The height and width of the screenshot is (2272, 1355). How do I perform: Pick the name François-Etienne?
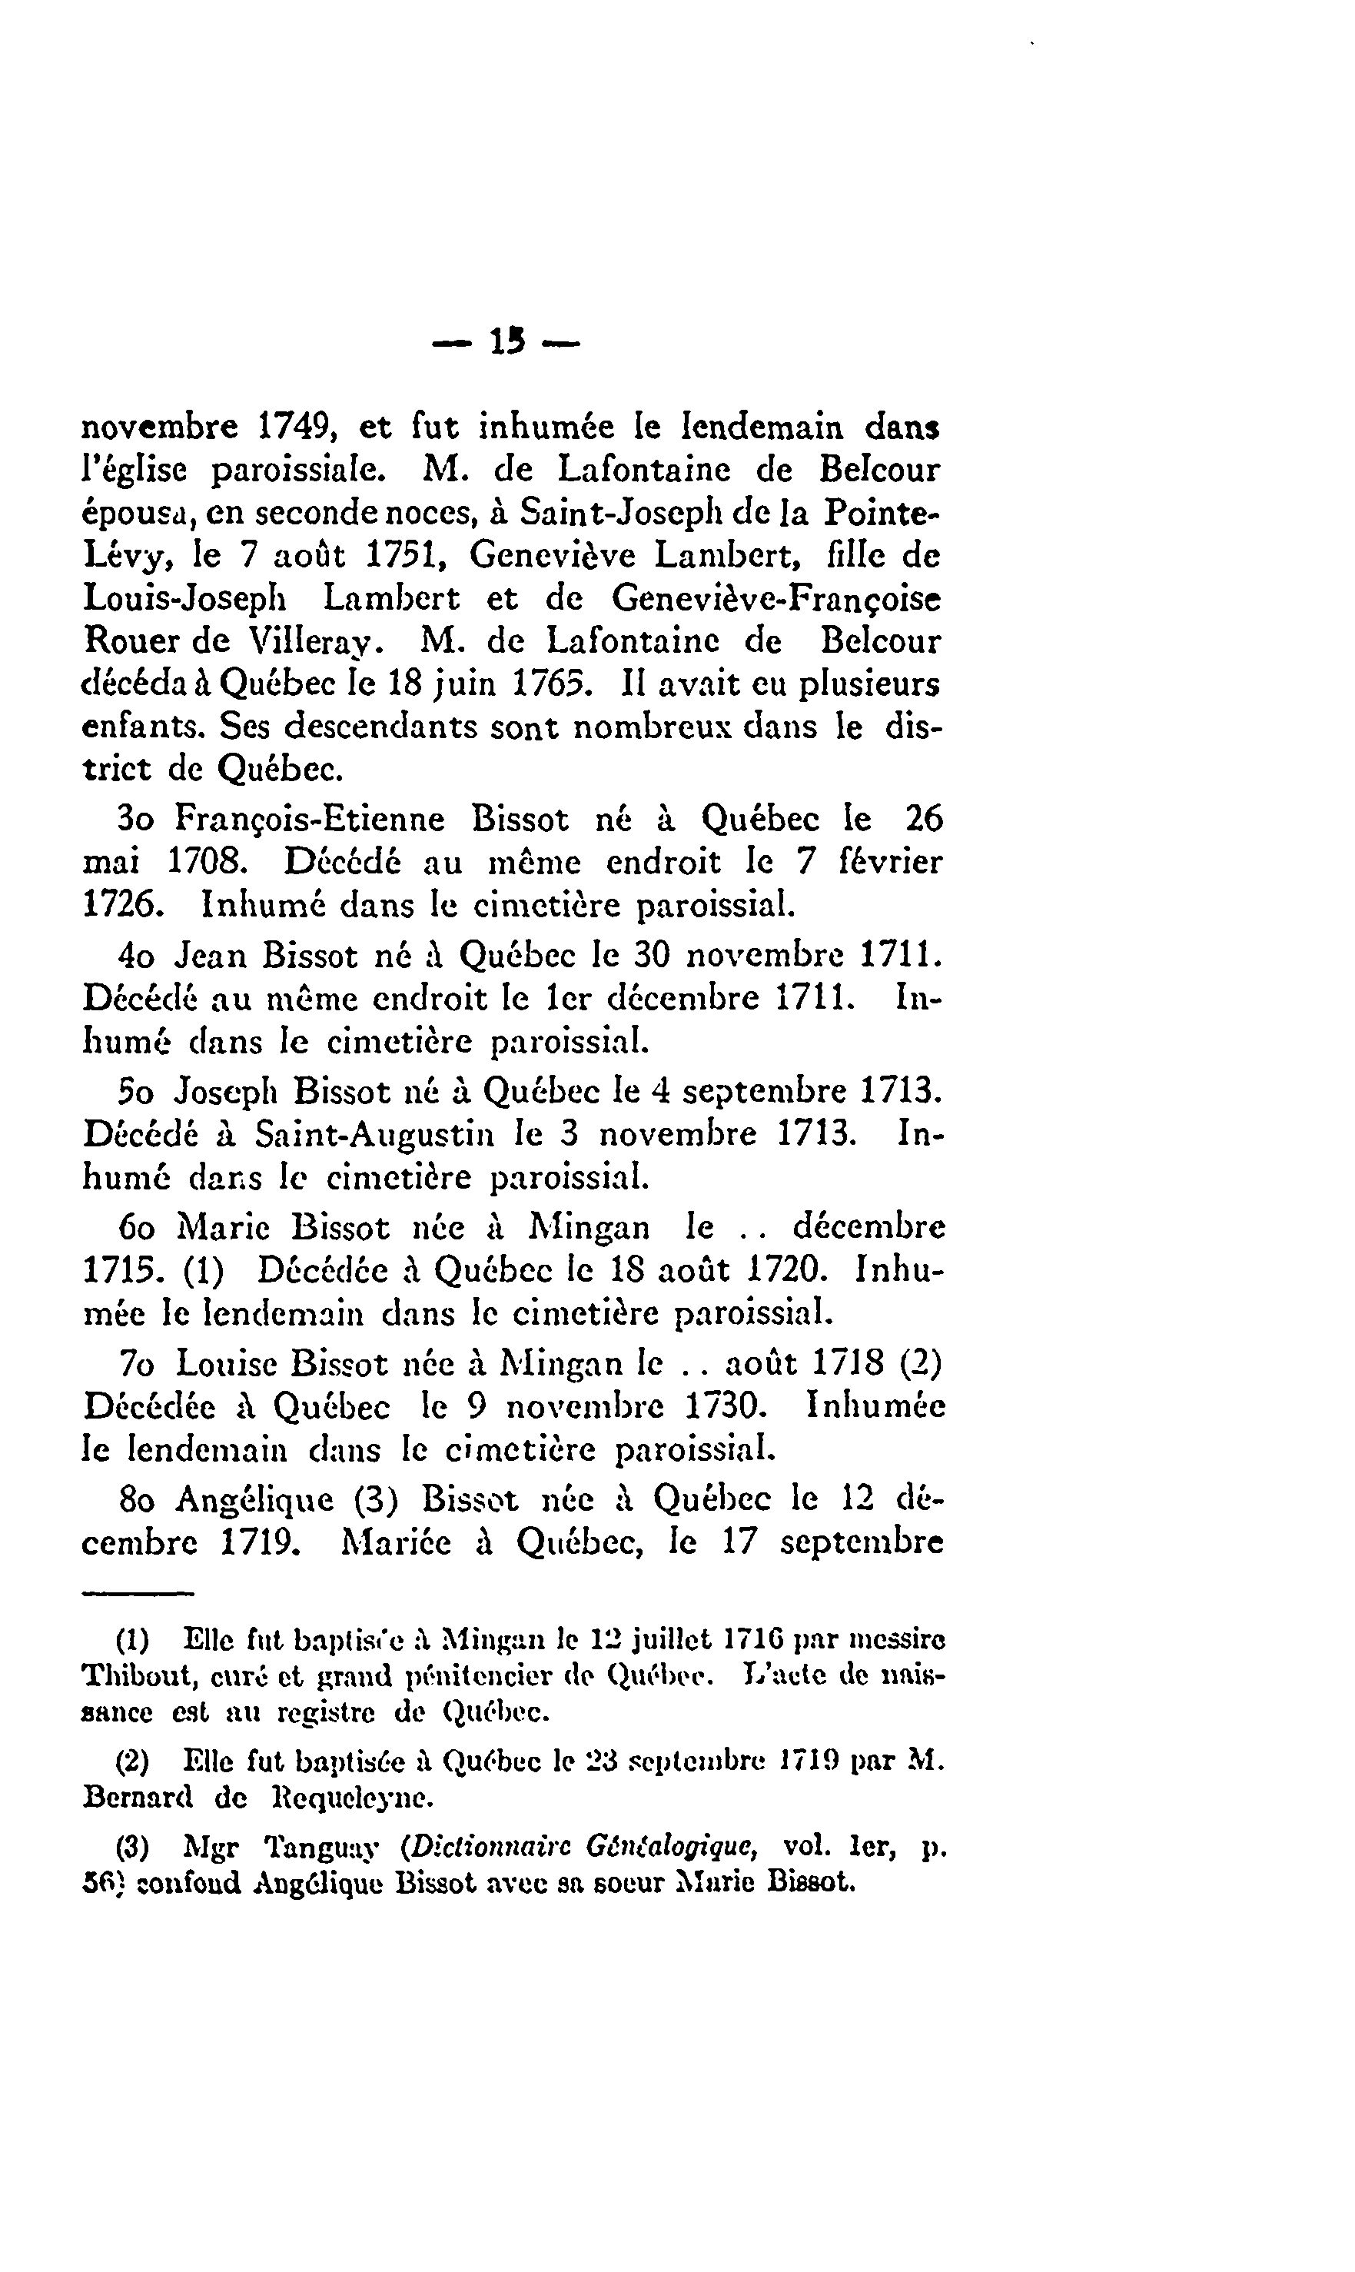pos(310,819)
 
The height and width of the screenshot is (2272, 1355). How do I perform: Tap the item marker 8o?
pos(137,1499)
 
